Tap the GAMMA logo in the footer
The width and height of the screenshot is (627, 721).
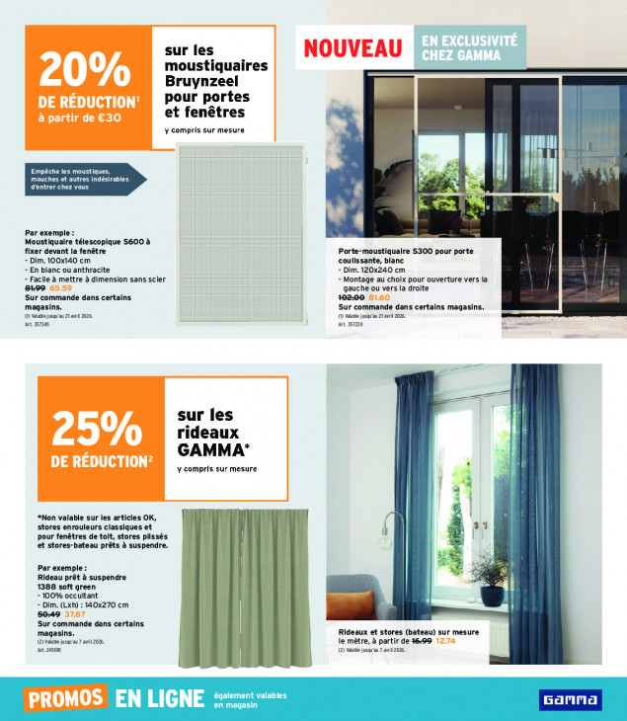pyautogui.click(x=570, y=699)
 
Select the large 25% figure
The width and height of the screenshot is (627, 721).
pyautogui.click(x=96, y=427)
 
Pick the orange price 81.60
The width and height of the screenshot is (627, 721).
pyautogui.click(x=379, y=296)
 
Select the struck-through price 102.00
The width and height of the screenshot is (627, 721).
pyautogui.click(x=352, y=296)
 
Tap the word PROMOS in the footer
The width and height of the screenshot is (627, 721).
pyautogui.click(x=66, y=698)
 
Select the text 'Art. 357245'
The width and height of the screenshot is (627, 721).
pyautogui.click(x=36, y=322)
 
